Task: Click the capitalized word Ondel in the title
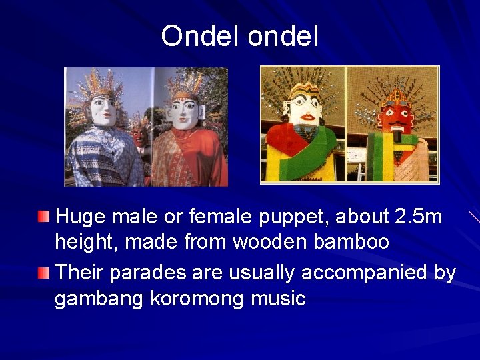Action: coord(201,37)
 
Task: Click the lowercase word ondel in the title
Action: coord(283,37)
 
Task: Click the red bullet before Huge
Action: coord(43,216)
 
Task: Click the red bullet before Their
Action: coord(43,272)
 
